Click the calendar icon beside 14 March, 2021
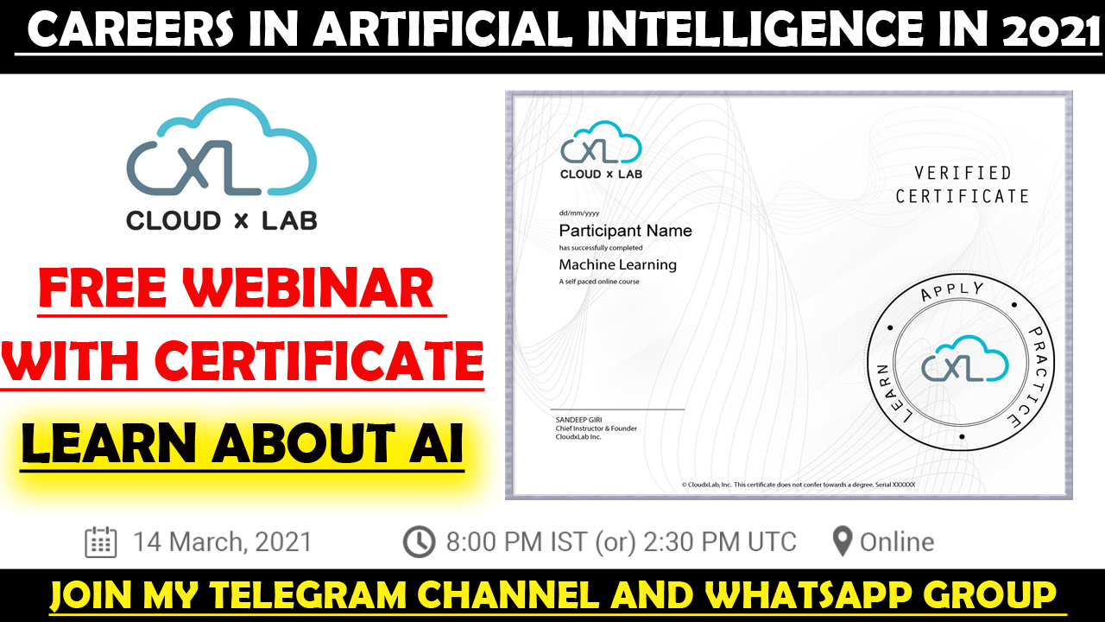pos(101,542)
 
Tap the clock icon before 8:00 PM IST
pos(419,542)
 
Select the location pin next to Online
pos(842,542)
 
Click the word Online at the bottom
pos(897,542)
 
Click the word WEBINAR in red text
pos(308,289)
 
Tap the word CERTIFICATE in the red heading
pos(323,360)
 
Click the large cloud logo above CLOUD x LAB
pos(222,147)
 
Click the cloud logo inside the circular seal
pos(965,359)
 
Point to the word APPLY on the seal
pos(952,291)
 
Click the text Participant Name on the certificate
pos(626,231)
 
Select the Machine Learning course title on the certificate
pos(617,265)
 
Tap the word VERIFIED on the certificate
pos(963,173)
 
